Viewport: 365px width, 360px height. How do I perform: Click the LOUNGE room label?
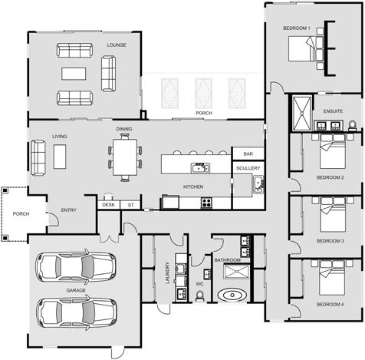point(117,45)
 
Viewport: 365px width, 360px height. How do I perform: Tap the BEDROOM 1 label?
point(296,28)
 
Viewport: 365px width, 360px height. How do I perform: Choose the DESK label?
point(108,205)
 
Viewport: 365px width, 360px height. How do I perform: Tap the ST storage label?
point(130,205)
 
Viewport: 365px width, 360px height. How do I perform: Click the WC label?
point(199,284)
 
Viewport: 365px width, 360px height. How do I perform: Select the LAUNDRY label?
point(167,274)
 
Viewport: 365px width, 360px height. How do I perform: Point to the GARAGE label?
point(75,291)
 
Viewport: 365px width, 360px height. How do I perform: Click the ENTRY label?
point(69,210)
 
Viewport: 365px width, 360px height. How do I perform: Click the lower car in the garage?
point(75,312)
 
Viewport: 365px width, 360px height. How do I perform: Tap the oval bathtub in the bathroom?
point(231,294)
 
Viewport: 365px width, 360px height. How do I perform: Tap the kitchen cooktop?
point(206,203)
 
